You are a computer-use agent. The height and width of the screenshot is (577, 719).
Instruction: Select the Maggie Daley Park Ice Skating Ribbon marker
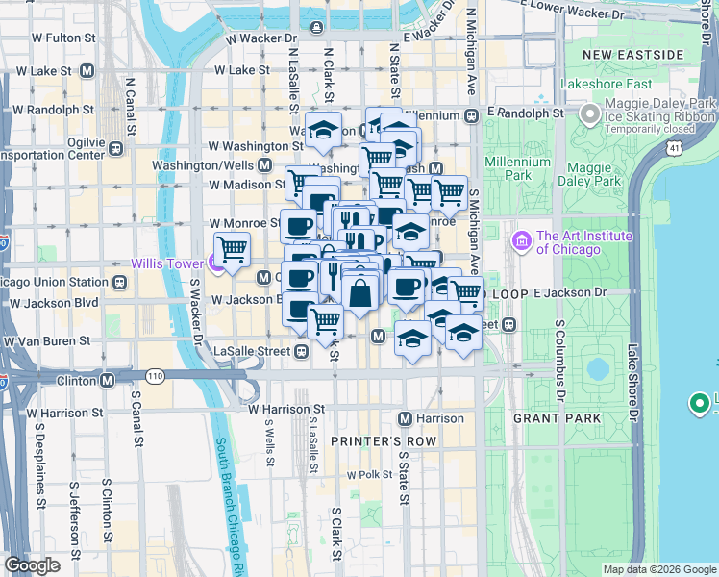pyautogui.click(x=587, y=116)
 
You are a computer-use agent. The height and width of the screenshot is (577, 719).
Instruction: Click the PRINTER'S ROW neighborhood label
pyautogui.click(x=383, y=440)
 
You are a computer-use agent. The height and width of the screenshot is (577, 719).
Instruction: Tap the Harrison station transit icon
pyautogui.click(x=406, y=419)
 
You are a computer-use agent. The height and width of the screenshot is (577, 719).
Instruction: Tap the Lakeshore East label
pyautogui.click(x=601, y=84)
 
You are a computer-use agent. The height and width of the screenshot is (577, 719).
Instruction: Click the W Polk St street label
pyautogui.click(x=359, y=475)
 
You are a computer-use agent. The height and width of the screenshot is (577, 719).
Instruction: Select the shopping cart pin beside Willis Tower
pyautogui.click(x=231, y=250)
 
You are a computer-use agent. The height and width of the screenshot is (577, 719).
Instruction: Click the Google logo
pyautogui.click(x=32, y=565)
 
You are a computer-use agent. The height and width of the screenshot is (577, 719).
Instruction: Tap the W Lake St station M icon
pyautogui.click(x=87, y=70)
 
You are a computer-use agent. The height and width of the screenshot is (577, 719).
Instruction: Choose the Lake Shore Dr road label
pyautogui.click(x=632, y=385)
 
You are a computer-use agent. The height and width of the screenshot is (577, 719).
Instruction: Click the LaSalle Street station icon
pyautogui.click(x=301, y=351)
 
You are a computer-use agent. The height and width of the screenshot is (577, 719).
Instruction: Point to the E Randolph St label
pyautogui.click(x=524, y=113)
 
